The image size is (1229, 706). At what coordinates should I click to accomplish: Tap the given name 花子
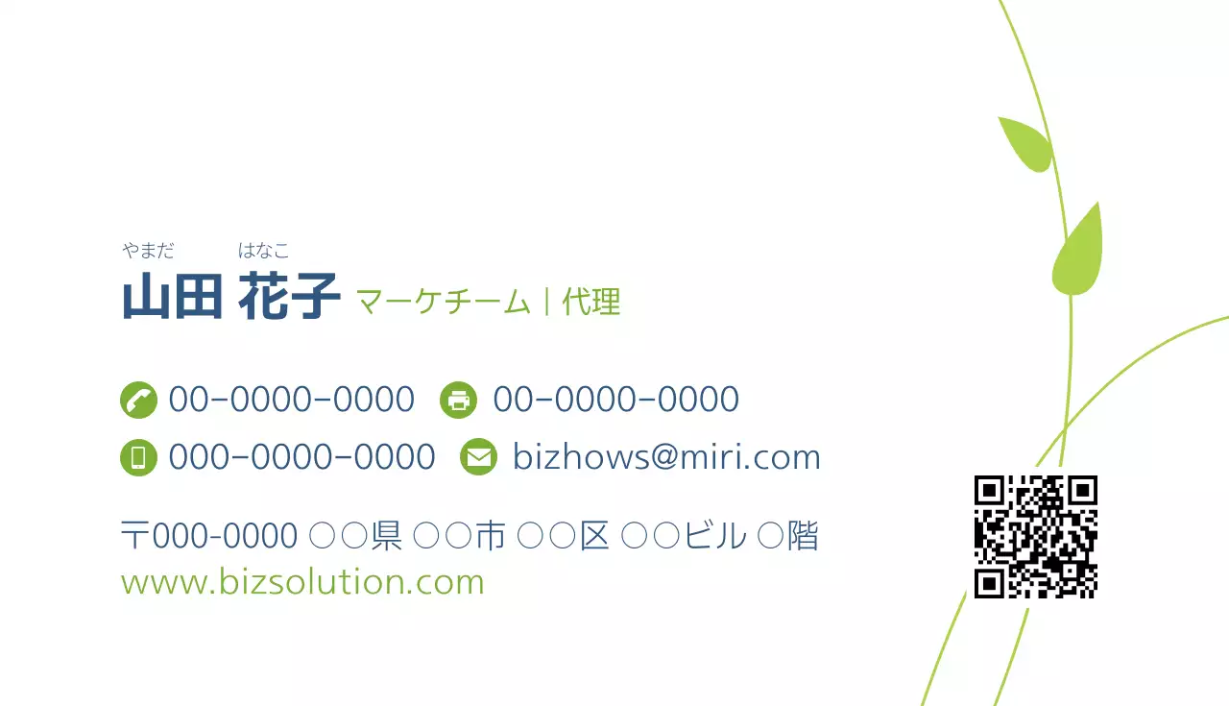coord(289,297)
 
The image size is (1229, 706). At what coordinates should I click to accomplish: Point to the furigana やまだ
coord(149,252)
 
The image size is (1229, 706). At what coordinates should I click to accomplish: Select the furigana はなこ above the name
coord(264,252)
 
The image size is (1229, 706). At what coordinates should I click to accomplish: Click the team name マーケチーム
coord(444,303)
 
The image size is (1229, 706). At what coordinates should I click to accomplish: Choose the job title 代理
coord(591,303)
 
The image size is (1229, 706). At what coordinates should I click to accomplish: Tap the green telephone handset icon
coord(138,400)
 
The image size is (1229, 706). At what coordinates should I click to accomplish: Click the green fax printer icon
coord(459,400)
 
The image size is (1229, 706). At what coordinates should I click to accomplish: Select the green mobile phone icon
coord(138,457)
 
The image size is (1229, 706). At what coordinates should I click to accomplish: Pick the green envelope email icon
coord(478,457)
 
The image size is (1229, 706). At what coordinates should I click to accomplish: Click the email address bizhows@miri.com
coord(666,457)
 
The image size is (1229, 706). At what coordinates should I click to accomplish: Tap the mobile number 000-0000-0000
coord(301,457)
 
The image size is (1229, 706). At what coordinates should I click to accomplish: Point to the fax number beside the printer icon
coord(615,400)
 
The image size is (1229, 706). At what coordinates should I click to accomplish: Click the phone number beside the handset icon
coord(291,400)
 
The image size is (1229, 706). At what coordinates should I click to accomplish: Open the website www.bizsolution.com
coord(302,582)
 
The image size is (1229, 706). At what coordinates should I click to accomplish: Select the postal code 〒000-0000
coord(208,536)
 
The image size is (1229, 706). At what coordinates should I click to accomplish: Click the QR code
coord(1035,537)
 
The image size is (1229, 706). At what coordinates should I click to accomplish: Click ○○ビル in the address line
coord(683,536)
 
